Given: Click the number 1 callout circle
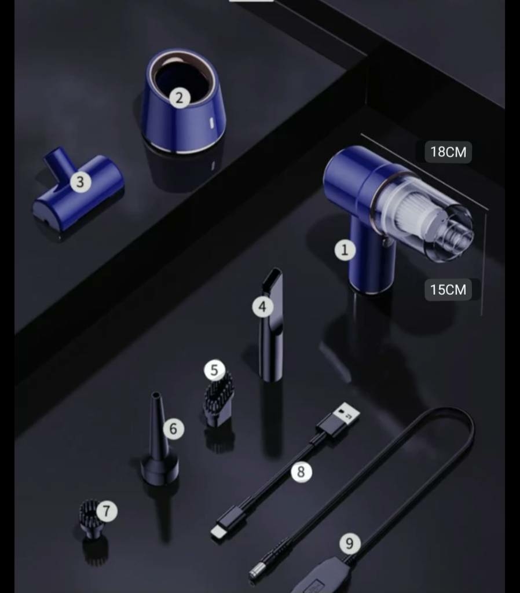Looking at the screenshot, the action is pos(345,250).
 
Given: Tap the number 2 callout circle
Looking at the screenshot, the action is pos(180,98).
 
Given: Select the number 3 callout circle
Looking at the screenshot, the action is pos(80,182).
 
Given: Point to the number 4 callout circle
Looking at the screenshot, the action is pos(262,307).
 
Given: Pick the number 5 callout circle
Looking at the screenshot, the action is pos(214,370).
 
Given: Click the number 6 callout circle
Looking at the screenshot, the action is pos(174,429).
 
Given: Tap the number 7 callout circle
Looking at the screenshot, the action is pos(107,511).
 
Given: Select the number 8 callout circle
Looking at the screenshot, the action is pos(301,471).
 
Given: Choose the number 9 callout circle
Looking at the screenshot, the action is pos(350,543).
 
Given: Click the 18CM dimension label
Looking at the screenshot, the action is pos(448,152).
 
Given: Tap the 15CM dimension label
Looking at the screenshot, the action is pos(448,290).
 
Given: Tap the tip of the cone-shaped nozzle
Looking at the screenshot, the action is pos(155,395).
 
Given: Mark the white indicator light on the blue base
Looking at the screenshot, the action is pos(211,123).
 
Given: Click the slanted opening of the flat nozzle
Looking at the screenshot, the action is pos(273,279).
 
